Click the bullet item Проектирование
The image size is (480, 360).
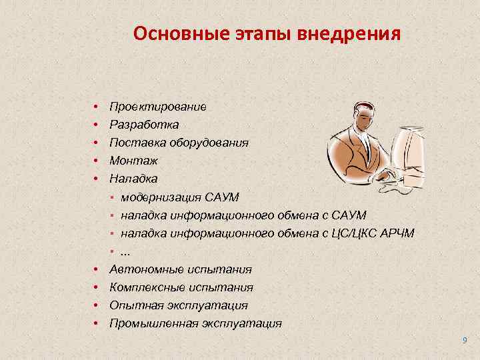pos(158,107)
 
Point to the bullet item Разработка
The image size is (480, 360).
pos(144,125)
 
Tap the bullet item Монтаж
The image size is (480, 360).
pos(133,161)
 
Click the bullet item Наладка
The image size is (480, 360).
pos(133,179)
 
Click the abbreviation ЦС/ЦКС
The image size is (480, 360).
pos(350,233)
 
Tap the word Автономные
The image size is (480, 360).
pos(147,269)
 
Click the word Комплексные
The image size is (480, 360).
pos(149,287)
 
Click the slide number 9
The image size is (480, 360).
pos(465,341)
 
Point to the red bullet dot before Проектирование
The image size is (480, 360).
pos(97,107)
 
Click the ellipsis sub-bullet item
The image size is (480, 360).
pos(125,251)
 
